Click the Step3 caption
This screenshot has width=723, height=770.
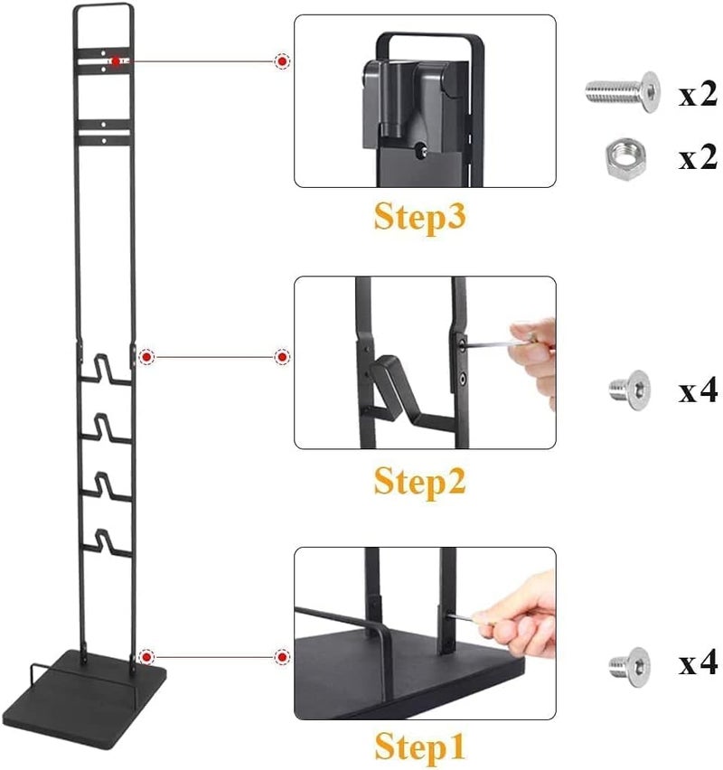(419, 217)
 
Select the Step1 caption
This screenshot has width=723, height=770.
(419, 747)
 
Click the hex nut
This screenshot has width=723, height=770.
(625, 159)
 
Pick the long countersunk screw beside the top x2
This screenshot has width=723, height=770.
(623, 91)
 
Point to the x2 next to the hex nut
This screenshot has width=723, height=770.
(698, 158)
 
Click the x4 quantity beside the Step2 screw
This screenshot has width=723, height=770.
(698, 391)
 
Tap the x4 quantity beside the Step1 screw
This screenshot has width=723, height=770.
(698, 663)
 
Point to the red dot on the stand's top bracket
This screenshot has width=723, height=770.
(116, 61)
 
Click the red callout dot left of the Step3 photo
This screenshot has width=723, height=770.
(282, 61)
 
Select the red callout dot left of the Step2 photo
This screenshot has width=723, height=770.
(282, 357)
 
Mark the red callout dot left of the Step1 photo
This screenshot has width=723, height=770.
(282, 657)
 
